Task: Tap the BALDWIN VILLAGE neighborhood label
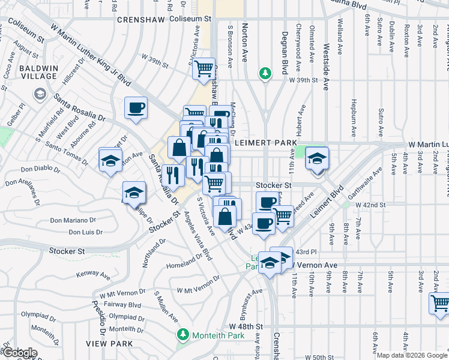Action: [41, 73]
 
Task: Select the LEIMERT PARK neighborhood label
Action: [264, 143]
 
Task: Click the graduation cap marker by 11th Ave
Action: [317, 158]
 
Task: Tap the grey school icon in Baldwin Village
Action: [40, 94]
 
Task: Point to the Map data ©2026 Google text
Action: [412, 355]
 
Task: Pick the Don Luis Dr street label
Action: [85, 232]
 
